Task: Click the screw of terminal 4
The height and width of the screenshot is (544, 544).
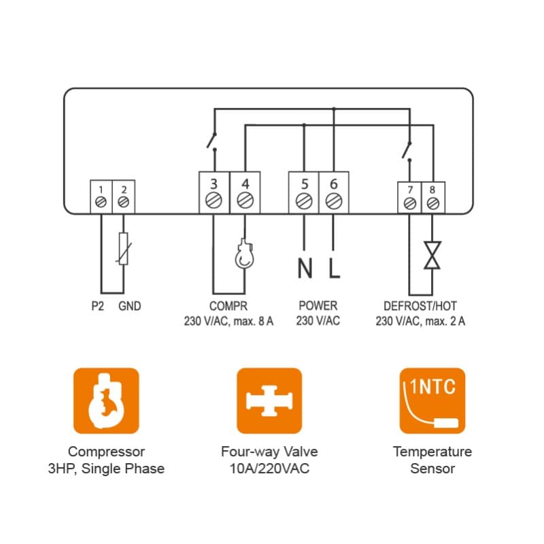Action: point(245,201)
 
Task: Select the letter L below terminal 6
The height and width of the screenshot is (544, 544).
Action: point(333,269)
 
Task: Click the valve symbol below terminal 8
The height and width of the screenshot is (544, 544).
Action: point(432,255)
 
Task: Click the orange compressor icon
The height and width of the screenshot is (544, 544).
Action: point(106,401)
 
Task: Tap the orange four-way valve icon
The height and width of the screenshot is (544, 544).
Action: point(269,401)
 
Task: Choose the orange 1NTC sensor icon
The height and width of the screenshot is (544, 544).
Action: point(432,401)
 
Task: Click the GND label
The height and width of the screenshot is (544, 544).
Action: point(129,307)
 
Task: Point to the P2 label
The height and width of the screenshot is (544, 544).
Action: point(98,307)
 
